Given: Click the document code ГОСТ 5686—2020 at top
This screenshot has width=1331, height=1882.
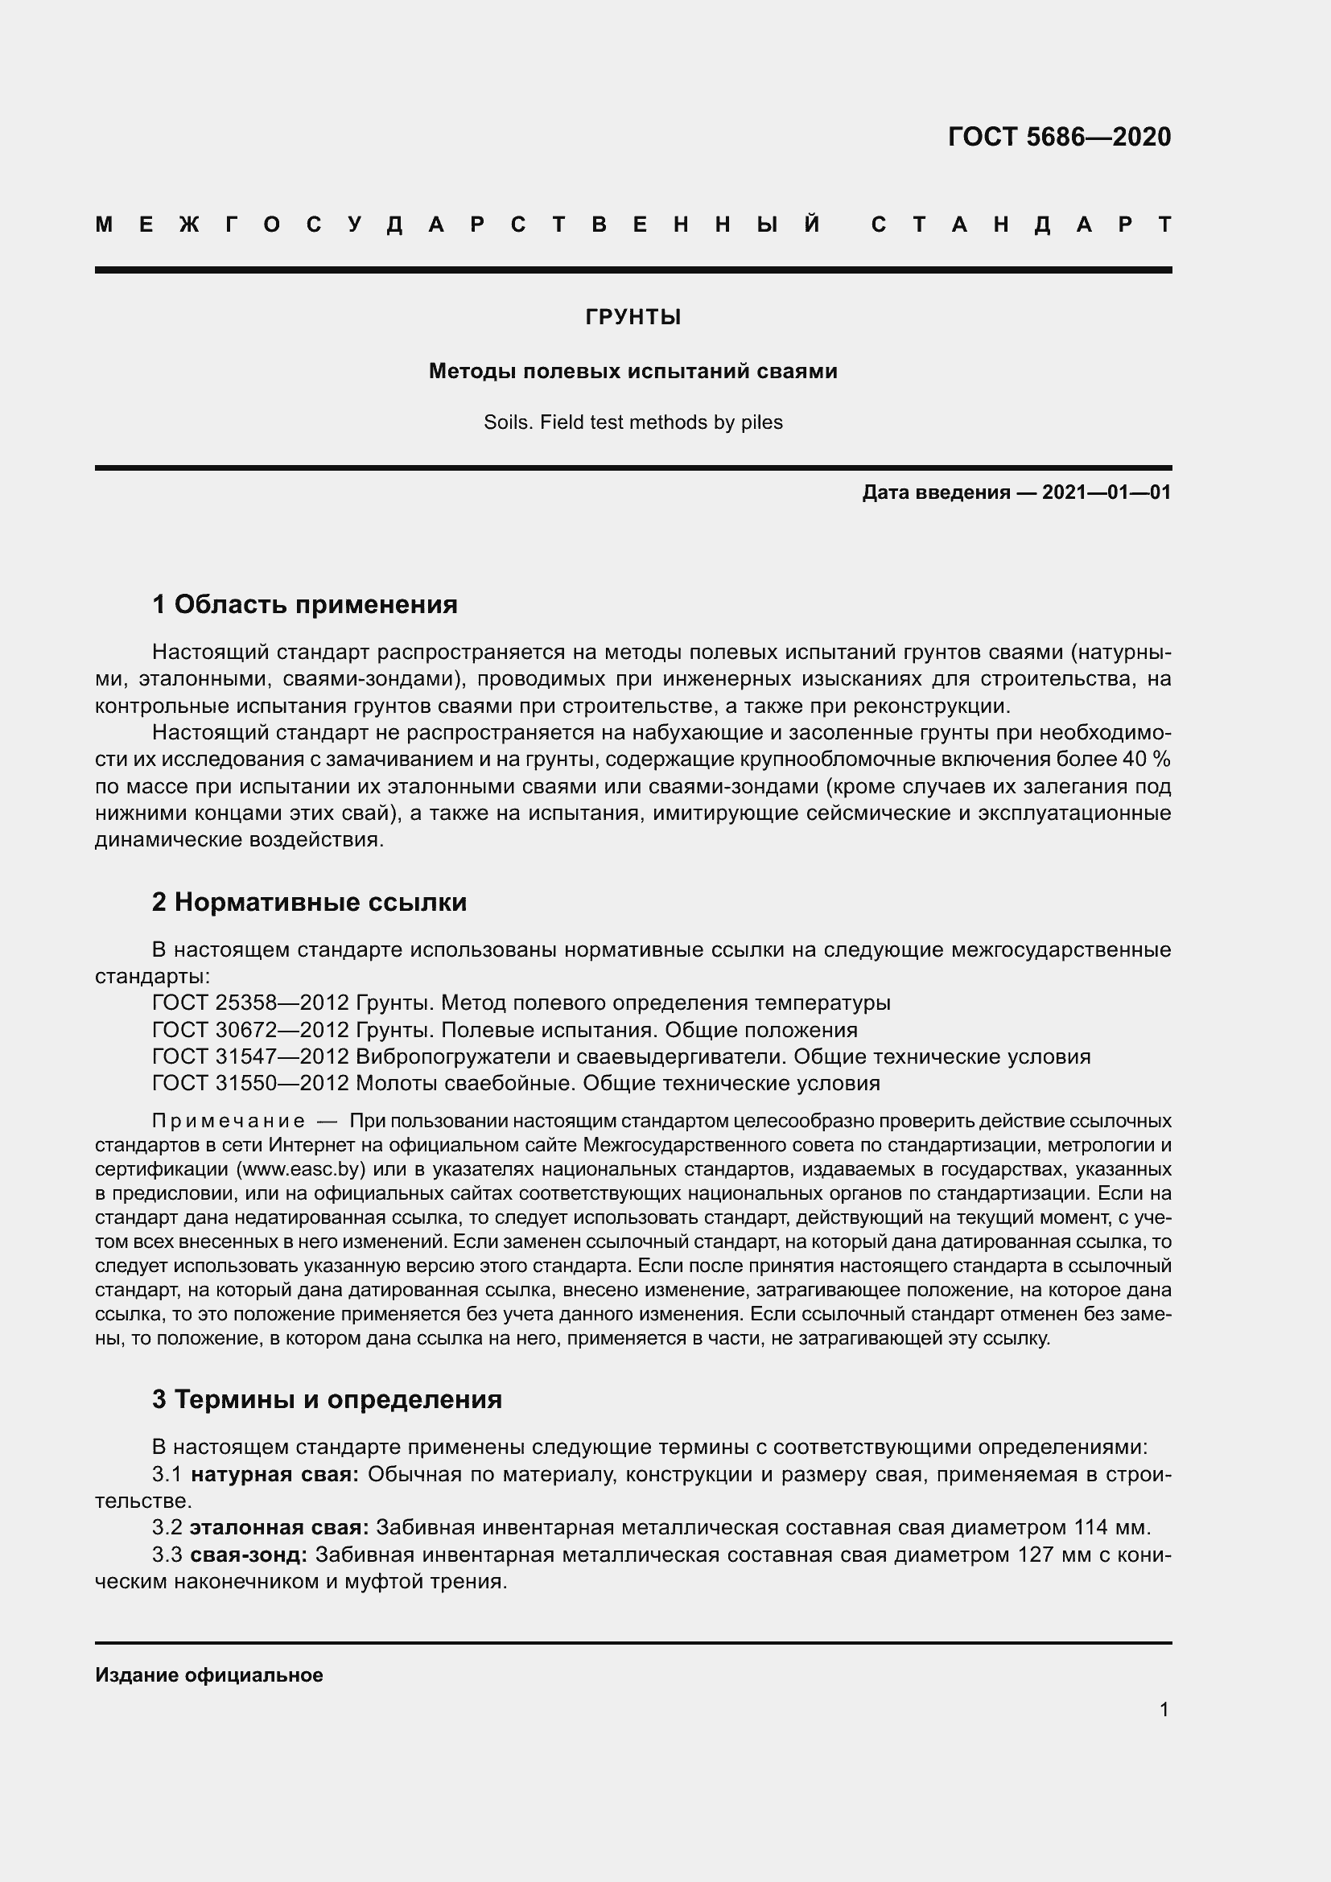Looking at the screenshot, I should click(x=1059, y=137).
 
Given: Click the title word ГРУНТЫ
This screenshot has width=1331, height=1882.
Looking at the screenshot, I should click(x=633, y=317).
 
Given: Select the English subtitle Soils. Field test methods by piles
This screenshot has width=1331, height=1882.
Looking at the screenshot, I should click(x=633, y=423).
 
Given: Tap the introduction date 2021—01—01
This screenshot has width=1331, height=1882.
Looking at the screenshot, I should click(x=1106, y=492).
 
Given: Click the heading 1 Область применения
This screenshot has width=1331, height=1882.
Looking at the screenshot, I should click(x=304, y=605).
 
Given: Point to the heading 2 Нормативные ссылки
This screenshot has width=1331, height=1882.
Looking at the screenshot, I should click(x=309, y=903).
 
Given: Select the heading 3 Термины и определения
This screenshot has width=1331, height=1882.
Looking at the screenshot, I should click(x=326, y=1399).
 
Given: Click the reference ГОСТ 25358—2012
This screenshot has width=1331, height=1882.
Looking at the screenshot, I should click(x=251, y=1003).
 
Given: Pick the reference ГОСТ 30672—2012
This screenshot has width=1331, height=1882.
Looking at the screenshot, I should click(x=251, y=1031).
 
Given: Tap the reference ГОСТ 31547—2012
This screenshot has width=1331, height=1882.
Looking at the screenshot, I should click(x=251, y=1057).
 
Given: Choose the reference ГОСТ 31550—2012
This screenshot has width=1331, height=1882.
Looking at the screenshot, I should click(x=251, y=1084).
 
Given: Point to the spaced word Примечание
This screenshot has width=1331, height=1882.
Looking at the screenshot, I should click(x=228, y=1122).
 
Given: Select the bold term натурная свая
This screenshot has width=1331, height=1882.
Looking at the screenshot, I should click(x=274, y=1476).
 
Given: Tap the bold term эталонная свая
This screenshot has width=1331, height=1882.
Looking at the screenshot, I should click(x=278, y=1529).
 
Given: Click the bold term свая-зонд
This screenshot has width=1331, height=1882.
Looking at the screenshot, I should click(x=249, y=1555).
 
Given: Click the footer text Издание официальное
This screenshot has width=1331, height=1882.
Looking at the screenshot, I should click(x=209, y=1675).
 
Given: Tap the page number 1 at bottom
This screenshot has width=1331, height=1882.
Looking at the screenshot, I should click(x=1164, y=1710).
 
